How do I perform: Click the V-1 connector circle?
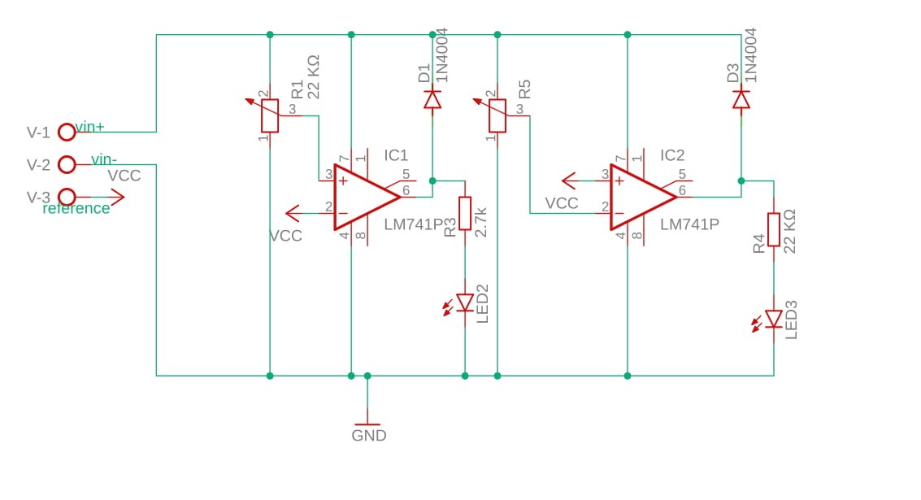coord(67,132)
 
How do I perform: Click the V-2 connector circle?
coord(67,165)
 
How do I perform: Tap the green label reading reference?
coord(76,208)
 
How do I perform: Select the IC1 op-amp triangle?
coord(365,198)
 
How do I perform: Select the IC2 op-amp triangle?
coord(641,198)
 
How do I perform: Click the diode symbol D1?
coord(432,100)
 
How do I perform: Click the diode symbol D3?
coord(741,100)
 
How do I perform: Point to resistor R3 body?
coord(465,213)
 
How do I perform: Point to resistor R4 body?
coord(774,229)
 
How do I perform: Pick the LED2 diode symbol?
coord(465,302)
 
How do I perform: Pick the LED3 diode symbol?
coord(774,319)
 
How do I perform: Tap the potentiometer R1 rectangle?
coord(270,115)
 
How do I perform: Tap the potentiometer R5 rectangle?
coord(497,115)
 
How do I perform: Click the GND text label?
coord(368,436)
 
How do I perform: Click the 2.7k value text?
coord(480,221)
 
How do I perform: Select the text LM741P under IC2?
coord(689,224)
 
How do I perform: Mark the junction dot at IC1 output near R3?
coord(432,180)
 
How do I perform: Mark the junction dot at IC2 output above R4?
coord(741,180)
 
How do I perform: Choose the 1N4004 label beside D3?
coord(751,55)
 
